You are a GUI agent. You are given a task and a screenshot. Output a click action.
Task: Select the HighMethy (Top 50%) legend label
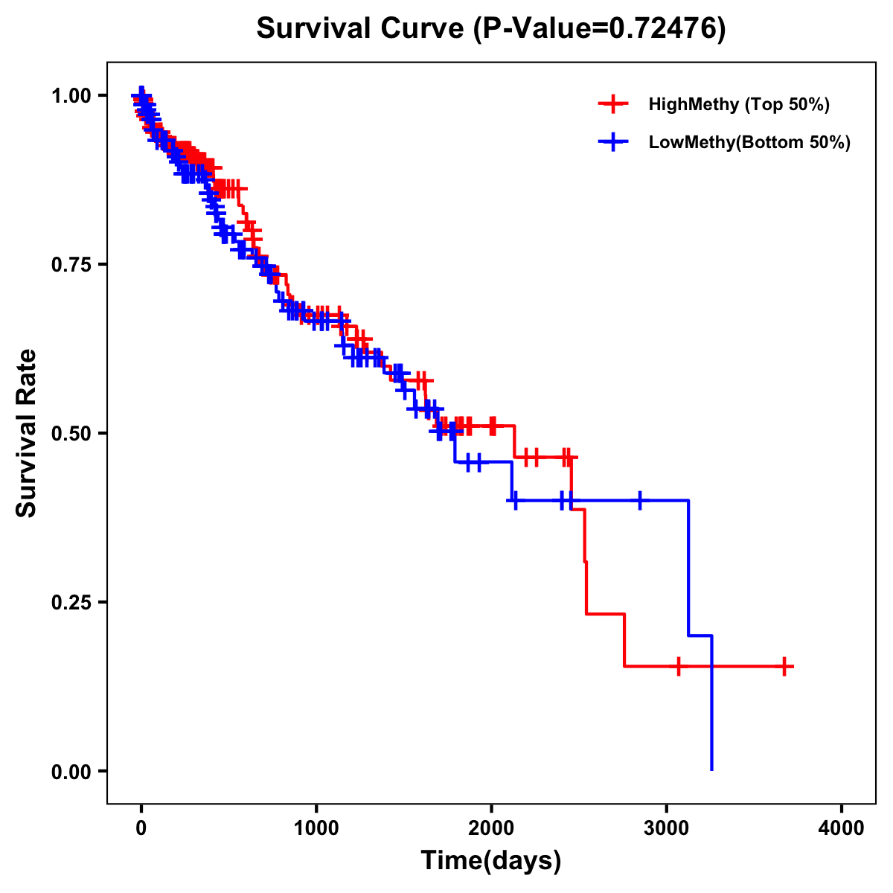coord(738,104)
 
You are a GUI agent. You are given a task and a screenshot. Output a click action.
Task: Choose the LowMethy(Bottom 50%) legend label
coord(749,142)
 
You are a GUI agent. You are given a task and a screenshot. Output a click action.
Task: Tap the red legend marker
coord(613,104)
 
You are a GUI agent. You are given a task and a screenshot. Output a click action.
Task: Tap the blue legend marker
coord(613,142)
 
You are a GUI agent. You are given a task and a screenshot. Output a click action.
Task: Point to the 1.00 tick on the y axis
coord(71,95)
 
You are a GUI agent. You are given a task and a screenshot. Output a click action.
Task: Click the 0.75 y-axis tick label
coord(71,264)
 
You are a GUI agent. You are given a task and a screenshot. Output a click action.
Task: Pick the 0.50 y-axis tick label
coord(71,433)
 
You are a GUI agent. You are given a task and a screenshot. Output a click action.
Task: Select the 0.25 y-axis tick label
coord(71,602)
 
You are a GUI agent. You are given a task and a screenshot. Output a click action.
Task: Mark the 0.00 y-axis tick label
coord(71,771)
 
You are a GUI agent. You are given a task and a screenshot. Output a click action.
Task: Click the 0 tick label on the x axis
coord(141,828)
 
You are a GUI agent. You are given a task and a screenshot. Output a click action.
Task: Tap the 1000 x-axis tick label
coord(316,828)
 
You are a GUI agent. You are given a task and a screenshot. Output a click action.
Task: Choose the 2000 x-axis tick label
coord(491,828)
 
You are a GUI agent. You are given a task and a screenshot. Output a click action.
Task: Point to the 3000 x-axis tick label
coord(667,828)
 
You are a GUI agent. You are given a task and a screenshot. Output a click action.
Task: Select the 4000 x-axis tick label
coord(842,828)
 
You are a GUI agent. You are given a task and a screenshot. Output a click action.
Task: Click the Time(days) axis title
coord(491,861)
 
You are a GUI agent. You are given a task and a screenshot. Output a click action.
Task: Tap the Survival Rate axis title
coord(27,433)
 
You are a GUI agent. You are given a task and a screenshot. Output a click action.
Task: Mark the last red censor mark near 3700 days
coord(784,666)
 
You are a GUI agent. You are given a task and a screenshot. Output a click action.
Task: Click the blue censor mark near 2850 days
coord(639,501)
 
